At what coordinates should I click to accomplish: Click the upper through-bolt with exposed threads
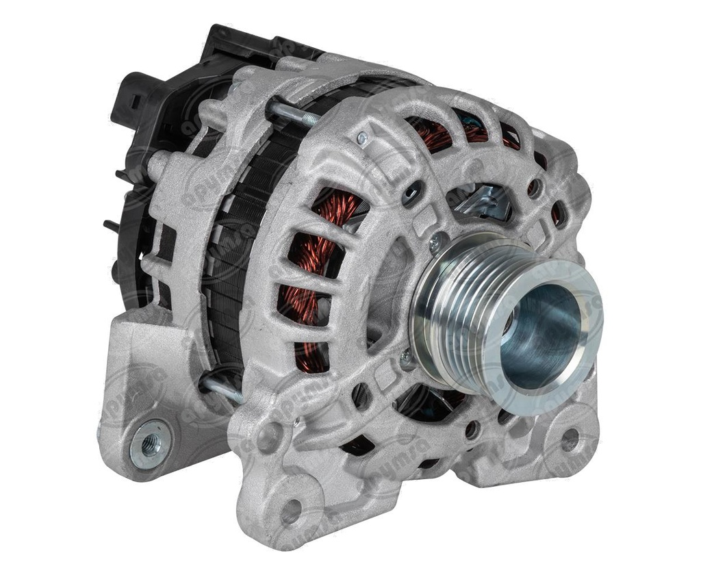294,113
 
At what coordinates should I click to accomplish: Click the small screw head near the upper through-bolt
362,138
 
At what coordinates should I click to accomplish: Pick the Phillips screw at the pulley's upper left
436,241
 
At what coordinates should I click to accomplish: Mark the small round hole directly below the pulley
471,429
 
